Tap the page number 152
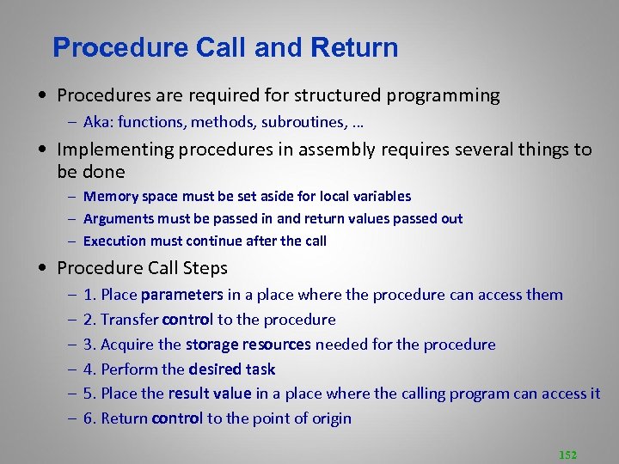(567, 454)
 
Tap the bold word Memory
(108, 197)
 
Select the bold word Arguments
(117, 219)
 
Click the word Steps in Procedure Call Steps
(203, 268)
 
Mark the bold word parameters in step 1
(181, 295)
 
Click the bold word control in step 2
(187, 320)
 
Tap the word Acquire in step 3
(128, 345)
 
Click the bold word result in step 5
(187, 394)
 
